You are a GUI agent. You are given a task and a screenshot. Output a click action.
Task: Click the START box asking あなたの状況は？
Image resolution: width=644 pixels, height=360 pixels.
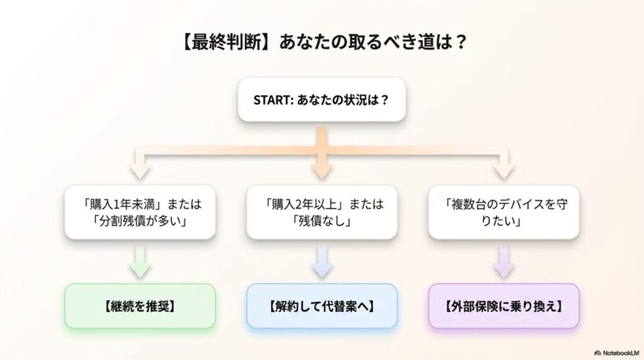(x=321, y=99)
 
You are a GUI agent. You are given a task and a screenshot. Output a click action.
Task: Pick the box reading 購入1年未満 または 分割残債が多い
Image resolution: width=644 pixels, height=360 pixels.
(x=140, y=212)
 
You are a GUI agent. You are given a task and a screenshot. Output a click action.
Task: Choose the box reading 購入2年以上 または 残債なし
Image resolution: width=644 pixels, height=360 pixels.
(x=321, y=212)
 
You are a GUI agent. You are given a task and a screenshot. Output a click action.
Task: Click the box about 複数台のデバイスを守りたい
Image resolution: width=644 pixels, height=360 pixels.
(x=503, y=212)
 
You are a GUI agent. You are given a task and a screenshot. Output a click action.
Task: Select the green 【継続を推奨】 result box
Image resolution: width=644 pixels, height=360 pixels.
(x=140, y=306)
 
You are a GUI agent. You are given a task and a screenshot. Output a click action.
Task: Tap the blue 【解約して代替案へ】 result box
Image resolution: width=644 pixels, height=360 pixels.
(x=321, y=306)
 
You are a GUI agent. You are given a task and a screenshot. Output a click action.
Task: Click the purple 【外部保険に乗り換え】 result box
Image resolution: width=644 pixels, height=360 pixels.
(x=503, y=306)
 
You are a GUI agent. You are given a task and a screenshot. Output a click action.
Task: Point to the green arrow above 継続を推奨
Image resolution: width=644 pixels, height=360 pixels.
(x=140, y=263)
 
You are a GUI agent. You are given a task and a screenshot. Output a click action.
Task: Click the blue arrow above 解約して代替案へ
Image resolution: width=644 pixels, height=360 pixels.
(x=321, y=263)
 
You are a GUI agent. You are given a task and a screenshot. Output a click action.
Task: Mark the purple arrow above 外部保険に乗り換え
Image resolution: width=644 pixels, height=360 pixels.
(x=503, y=263)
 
